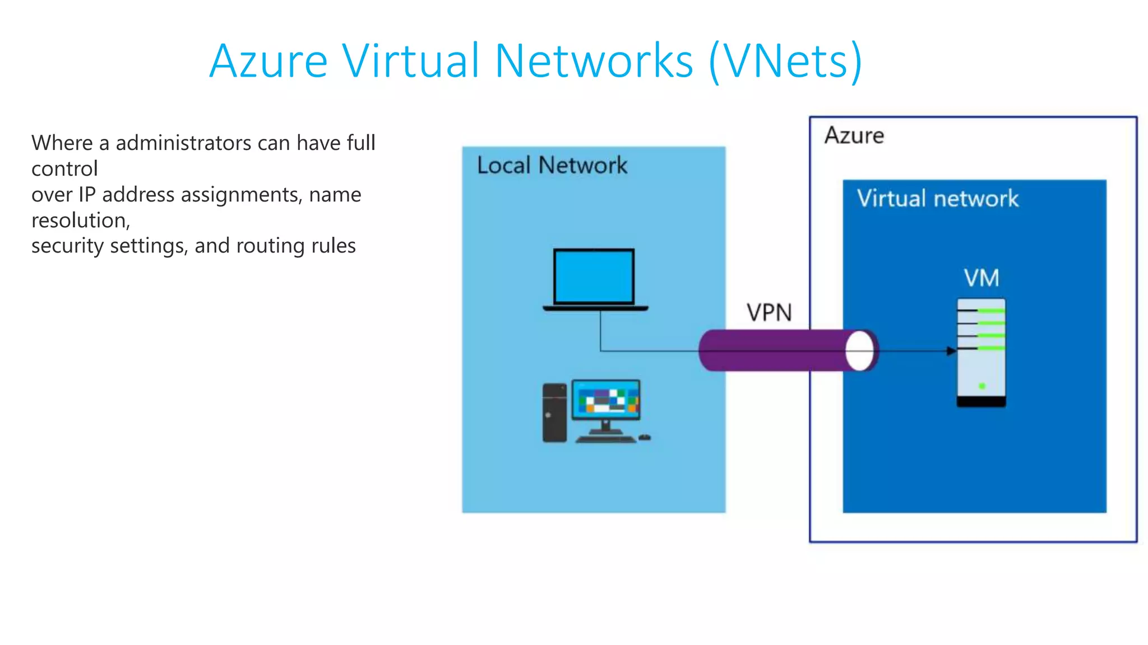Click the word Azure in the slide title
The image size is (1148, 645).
268,61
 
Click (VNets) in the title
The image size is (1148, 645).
785,61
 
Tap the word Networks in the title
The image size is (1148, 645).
594,61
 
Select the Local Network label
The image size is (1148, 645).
552,166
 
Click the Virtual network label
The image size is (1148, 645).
937,199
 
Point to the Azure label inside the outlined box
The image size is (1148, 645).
854,136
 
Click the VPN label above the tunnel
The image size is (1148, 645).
769,313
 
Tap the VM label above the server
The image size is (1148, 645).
981,278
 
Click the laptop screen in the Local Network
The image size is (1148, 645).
594,277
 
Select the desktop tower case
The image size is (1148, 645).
554,413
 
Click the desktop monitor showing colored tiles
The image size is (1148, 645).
606,400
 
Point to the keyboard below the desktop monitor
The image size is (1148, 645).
605,440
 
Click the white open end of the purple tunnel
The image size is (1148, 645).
860,351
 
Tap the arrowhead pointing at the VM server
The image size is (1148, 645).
951,351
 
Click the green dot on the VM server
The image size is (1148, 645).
982,386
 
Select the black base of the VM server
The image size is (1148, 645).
981,401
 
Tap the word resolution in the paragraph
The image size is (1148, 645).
80,221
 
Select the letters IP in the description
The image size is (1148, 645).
87,195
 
